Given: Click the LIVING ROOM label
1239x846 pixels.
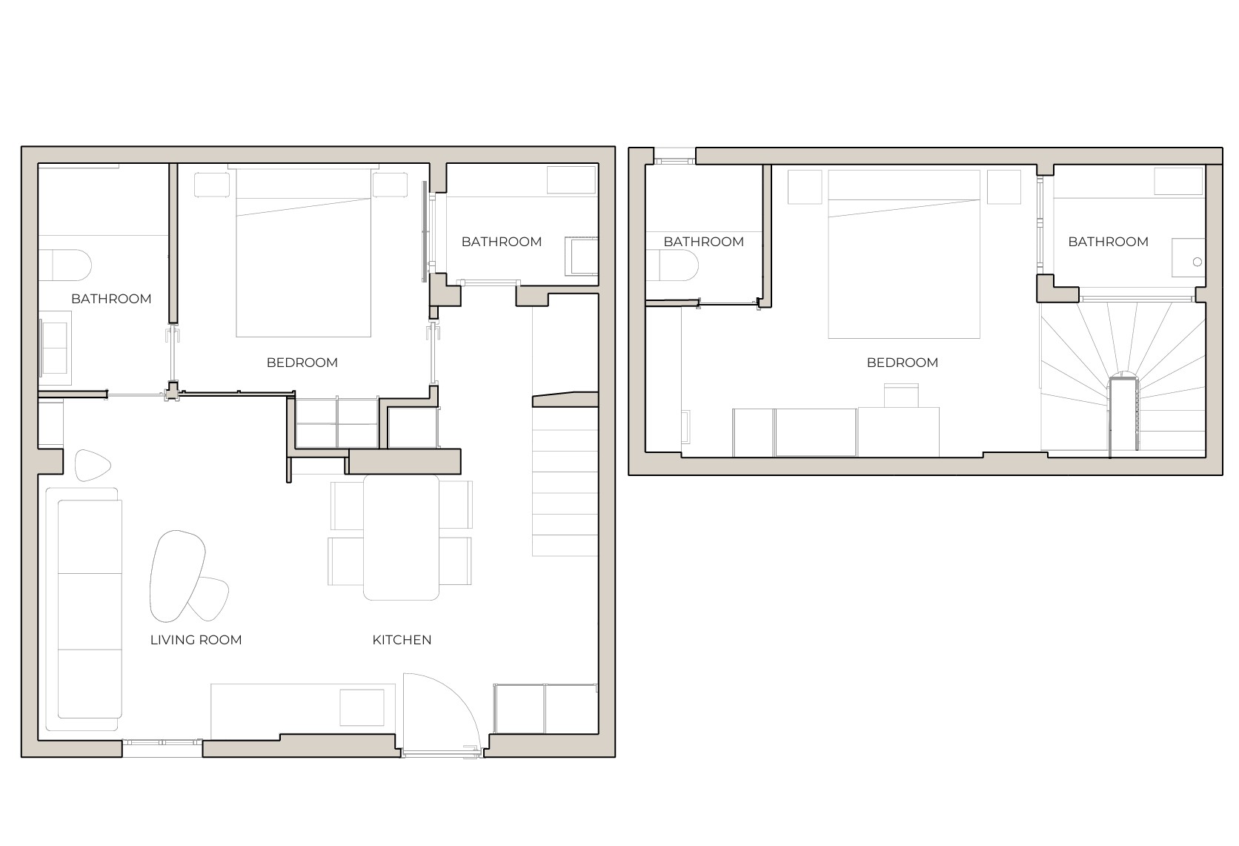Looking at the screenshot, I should click(x=196, y=640).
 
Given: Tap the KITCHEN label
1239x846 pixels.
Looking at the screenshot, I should click(x=402, y=640).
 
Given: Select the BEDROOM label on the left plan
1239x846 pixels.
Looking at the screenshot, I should click(x=302, y=363).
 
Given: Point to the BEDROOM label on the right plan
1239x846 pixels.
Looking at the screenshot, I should click(x=902, y=363).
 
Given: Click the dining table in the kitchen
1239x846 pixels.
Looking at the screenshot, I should click(x=401, y=537).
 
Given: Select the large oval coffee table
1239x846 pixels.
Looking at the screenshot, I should click(x=176, y=575).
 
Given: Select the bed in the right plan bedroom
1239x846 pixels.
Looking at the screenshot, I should click(x=904, y=256).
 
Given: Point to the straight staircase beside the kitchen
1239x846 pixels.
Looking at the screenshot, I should click(x=565, y=489).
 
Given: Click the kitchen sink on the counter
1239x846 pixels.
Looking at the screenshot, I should click(x=362, y=707).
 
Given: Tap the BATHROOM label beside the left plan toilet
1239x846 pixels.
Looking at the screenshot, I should click(x=111, y=299).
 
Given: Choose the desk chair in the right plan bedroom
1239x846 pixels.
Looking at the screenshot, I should click(x=901, y=395).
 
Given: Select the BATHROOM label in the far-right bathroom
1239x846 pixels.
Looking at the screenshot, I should click(x=1108, y=242).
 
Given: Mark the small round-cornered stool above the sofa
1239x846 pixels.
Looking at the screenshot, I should click(x=92, y=465).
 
